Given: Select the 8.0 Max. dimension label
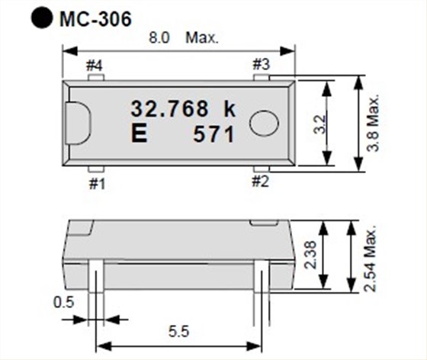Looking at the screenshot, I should (x=184, y=37).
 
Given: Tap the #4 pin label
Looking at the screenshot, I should (x=95, y=65).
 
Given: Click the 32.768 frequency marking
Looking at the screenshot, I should (x=172, y=108).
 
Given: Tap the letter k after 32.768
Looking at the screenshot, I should (x=230, y=108).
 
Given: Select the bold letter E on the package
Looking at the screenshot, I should (x=140, y=134).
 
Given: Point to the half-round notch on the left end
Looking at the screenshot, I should (x=80, y=121).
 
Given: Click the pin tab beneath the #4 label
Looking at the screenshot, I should (x=95, y=76).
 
